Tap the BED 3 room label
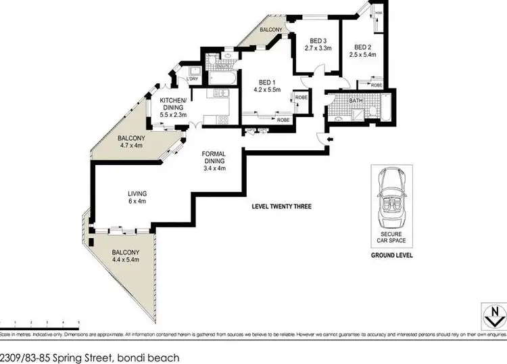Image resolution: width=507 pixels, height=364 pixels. (314, 40)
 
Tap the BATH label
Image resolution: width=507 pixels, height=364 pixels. (357, 101)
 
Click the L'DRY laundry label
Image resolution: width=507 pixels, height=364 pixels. (192, 80)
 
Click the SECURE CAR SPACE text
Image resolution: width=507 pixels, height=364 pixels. (391, 237)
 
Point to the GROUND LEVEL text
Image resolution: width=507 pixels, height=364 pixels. (391, 256)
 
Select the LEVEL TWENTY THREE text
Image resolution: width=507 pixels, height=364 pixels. (281, 206)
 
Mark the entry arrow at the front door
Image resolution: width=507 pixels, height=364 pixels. (329, 140)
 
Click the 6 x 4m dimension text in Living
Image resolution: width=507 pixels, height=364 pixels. (137, 201)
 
